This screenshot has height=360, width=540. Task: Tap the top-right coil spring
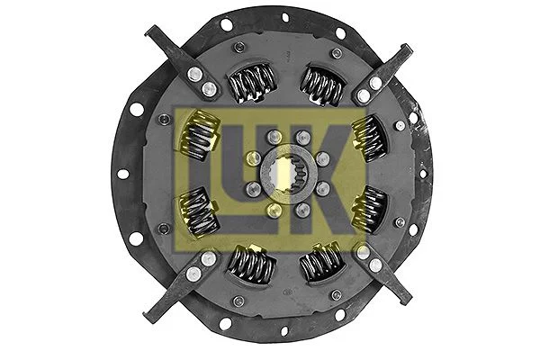click(320, 85)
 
